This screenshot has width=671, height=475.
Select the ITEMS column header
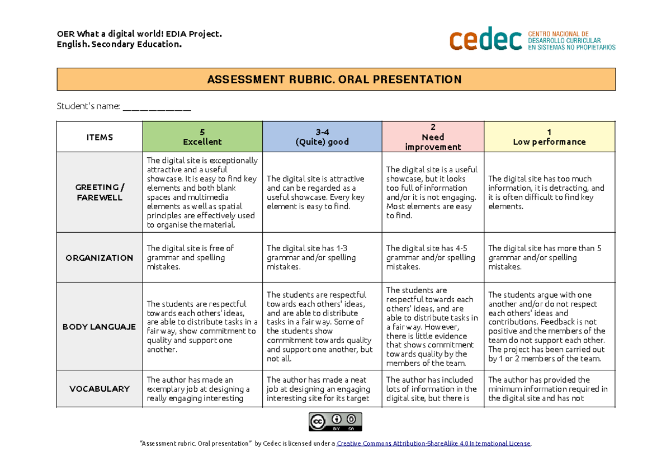(100, 137)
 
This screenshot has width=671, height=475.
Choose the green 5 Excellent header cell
(202, 137)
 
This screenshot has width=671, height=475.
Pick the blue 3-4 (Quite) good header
(322, 137)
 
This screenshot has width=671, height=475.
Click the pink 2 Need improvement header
(433, 137)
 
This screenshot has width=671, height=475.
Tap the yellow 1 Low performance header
(549, 137)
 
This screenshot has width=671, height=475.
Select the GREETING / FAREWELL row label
(100, 192)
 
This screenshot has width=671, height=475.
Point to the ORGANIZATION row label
(100, 258)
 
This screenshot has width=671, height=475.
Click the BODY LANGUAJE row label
(100, 327)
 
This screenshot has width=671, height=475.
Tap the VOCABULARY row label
(100, 389)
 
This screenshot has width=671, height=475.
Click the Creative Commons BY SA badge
(335, 422)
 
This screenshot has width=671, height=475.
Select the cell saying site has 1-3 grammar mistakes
(322, 258)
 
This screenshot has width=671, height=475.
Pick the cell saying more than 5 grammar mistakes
(549, 258)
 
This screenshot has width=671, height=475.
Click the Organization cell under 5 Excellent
(202, 258)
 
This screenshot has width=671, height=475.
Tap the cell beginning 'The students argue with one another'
(549, 327)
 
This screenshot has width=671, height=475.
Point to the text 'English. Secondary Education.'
(119, 44)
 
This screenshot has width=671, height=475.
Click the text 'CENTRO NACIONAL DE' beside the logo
(559, 34)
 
